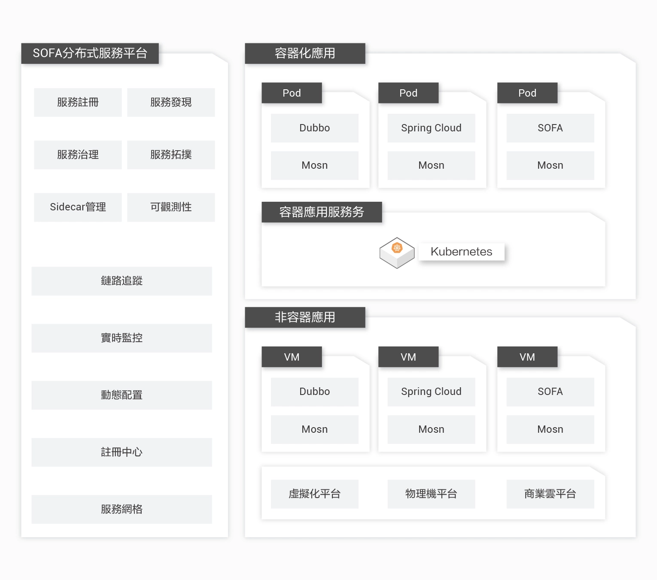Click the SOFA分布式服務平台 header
tap(90, 53)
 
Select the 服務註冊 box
tap(78, 102)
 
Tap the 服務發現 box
tap(171, 102)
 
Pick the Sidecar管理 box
tap(78, 207)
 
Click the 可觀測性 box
tap(171, 207)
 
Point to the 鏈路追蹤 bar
tap(122, 281)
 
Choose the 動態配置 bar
tap(122, 395)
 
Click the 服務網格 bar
tap(122, 509)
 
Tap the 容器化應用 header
tap(305, 53)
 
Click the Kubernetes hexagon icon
tap(397, 252)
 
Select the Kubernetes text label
tap(461, 252)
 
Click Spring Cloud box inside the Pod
tap(431, 128)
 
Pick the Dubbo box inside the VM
tap(314, 392)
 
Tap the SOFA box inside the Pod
tap(550, 128)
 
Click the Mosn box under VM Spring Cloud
tap(431, 429)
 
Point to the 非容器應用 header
tap(305, 317)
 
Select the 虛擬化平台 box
tap(314, 494)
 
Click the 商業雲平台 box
tap(550, 494)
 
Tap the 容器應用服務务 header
tap(322, 212)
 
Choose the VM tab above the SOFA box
tap(527, 357)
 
